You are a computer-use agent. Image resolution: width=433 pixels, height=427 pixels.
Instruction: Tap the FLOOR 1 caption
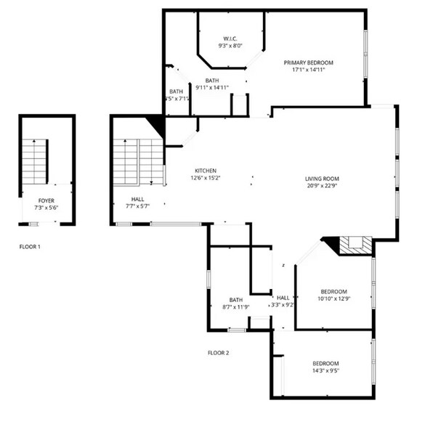(30, 247)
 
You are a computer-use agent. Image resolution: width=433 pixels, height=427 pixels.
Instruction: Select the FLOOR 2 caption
(219, 352)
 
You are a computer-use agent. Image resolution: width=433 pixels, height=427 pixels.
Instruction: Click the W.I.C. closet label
(230, 38)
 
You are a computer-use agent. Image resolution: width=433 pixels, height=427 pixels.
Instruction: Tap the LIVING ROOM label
(322, 179)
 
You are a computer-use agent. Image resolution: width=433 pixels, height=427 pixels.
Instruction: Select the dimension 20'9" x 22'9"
(322, 187)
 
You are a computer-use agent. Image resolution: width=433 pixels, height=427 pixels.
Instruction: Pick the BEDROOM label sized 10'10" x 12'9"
(335, 291)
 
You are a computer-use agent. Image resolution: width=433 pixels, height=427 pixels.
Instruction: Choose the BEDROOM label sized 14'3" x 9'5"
(326, 363)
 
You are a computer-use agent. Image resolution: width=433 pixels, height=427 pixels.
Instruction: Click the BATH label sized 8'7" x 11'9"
(235, 299)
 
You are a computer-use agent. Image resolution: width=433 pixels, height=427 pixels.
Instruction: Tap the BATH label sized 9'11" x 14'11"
(212, 80)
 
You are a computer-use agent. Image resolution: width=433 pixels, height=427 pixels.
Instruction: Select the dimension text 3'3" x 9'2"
(283, 306)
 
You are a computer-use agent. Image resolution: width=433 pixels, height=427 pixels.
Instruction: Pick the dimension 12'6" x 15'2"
(206, 178)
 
